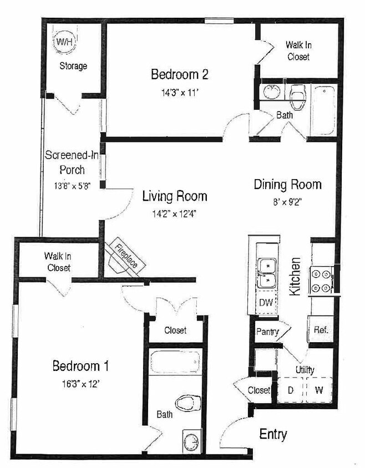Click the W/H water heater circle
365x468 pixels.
click(63, 43)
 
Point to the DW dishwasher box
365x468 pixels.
click(266, 303)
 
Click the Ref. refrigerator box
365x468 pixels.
click(321, 329)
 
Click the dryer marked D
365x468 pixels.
click(290, 389)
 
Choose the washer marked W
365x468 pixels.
click(318, 389)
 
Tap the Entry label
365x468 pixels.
click(273, 434)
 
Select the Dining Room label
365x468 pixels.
click(287, 185)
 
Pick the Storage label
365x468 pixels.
click(73, 66)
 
